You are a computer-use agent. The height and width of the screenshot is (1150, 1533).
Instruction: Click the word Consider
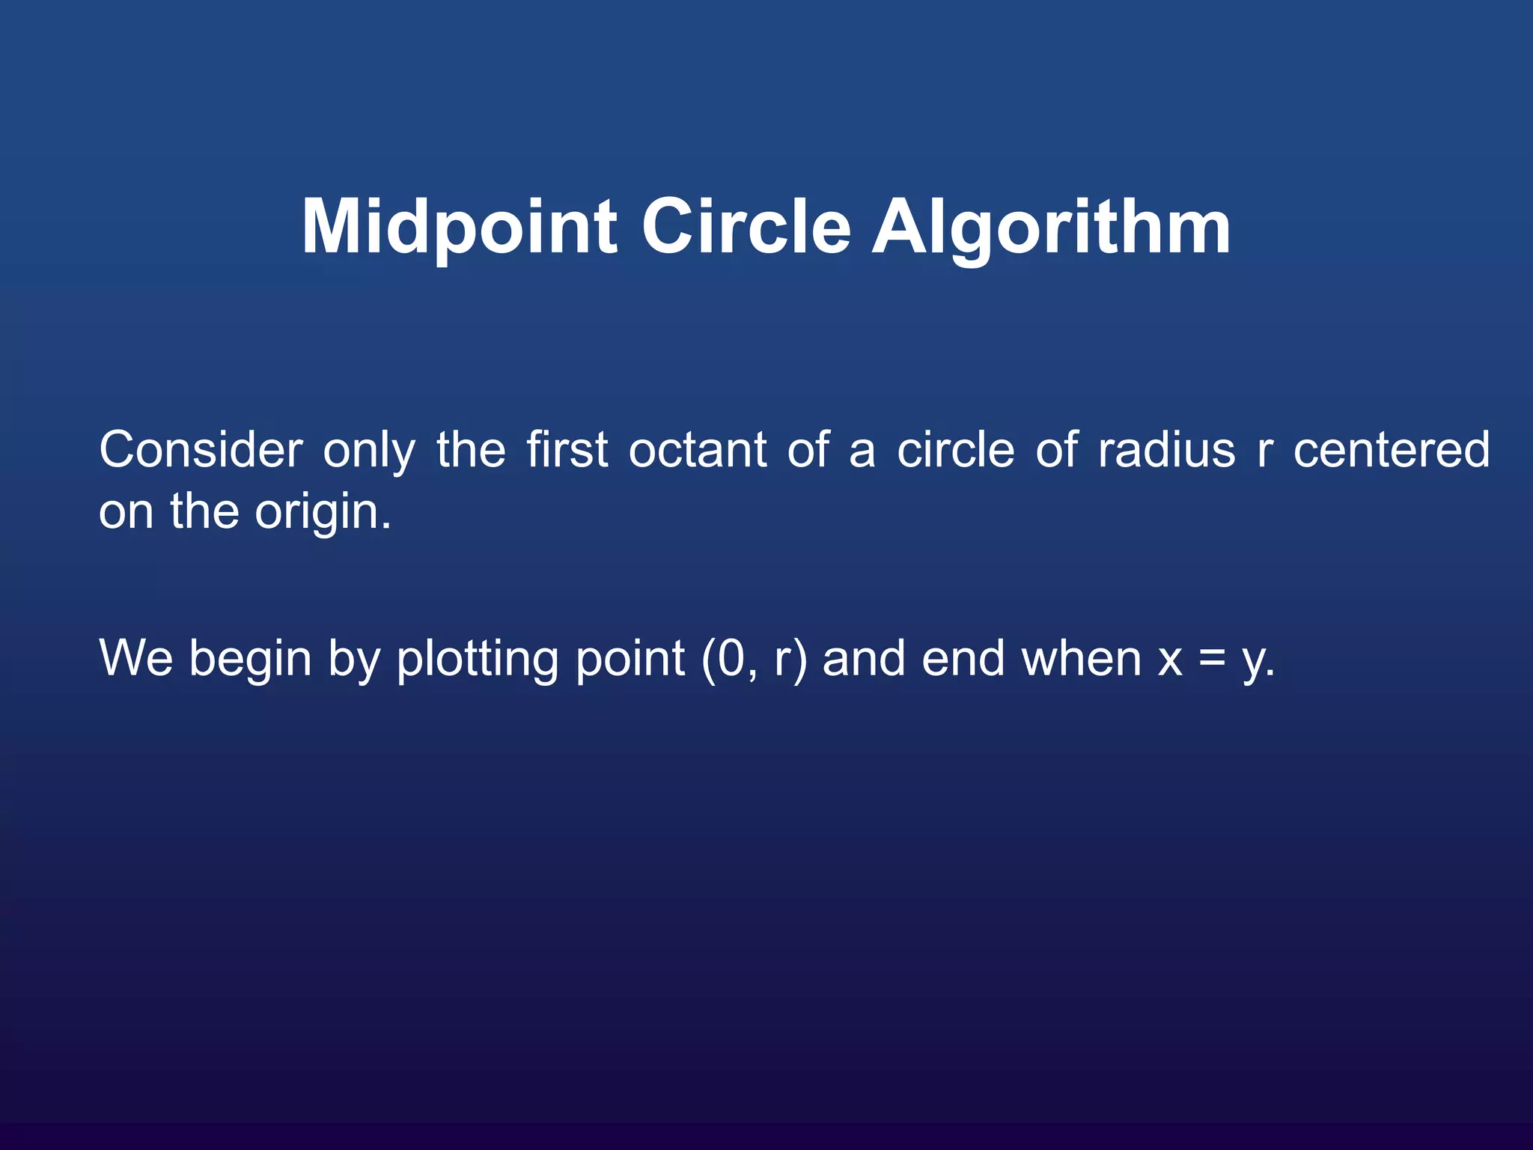(201, 450)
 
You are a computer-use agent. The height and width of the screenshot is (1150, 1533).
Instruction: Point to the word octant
(698, 450)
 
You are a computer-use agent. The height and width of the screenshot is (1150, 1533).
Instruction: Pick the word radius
(1166, 450)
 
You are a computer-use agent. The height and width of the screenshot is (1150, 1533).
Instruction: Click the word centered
(1392, 450)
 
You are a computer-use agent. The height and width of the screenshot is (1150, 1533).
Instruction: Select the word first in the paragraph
(567, 450)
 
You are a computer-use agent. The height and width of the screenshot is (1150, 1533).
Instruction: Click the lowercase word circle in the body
(956, 450)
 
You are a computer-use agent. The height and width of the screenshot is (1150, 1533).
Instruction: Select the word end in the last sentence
(963, 659)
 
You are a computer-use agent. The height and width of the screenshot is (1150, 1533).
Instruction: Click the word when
(1082, 659)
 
